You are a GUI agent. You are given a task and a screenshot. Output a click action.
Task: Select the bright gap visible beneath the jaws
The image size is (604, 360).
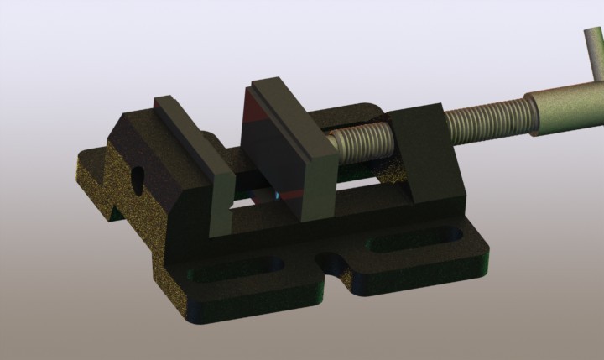point(252,200)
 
